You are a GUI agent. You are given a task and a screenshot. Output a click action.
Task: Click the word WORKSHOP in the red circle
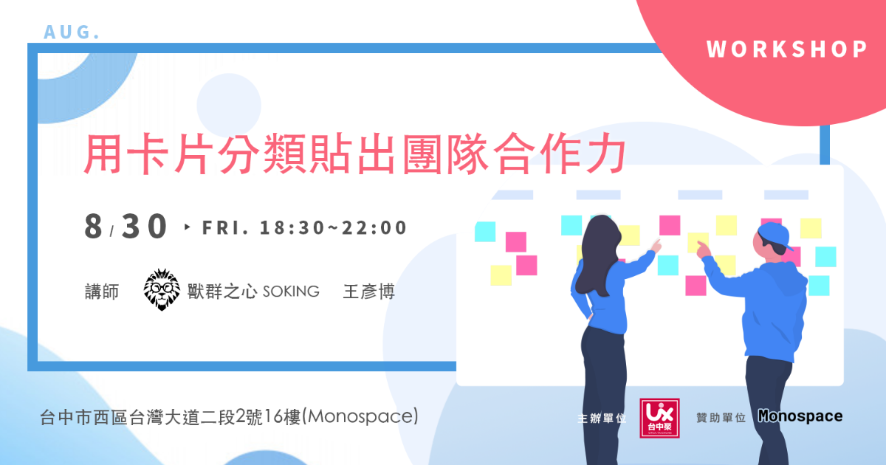coord(787,49)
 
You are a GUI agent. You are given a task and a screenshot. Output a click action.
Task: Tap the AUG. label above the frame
coord(72,32)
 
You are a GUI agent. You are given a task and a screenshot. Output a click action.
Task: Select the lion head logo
coord(162,289)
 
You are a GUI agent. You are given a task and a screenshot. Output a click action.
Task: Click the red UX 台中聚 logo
coord(660,418)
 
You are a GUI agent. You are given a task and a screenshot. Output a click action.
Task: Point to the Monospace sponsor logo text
coord(800,416)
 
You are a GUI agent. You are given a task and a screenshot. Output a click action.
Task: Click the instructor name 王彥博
coord(368,292)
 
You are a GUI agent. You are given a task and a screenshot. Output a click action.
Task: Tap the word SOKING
coord(291,292)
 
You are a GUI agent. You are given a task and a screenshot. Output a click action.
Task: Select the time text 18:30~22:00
coord(333,228)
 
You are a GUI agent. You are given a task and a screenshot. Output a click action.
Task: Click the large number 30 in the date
coord(144,226)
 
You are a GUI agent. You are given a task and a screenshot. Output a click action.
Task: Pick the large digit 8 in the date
coord(93,226)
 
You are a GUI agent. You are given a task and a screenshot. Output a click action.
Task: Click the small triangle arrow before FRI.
coord(188,227)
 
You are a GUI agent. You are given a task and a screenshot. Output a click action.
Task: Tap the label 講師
coord(102,292)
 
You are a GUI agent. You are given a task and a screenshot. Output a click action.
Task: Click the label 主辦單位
coord(602,418)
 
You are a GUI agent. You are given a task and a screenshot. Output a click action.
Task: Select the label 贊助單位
coord(721,418)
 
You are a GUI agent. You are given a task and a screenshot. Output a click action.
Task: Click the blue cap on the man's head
coord(774,235)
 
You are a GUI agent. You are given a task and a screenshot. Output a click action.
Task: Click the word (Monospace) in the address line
coord(360,417)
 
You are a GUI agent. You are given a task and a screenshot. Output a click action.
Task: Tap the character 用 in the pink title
coord(103,154)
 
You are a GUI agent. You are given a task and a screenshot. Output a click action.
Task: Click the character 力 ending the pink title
coord(605,154)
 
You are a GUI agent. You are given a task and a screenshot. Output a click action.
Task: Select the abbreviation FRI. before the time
coord(225,228)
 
